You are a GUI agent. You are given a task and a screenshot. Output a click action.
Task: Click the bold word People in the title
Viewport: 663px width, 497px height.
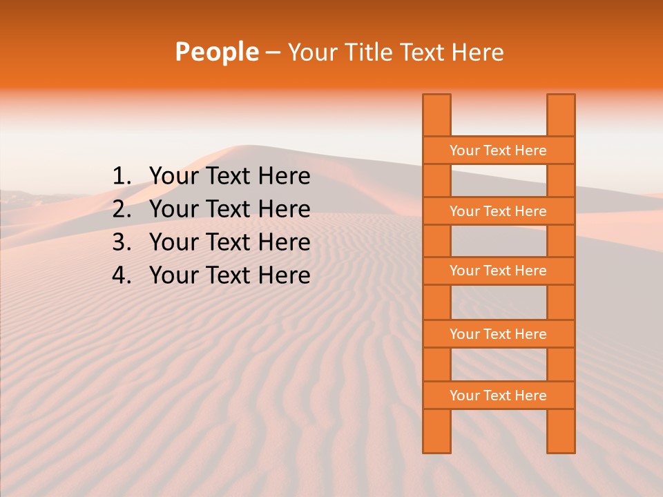point(217,52)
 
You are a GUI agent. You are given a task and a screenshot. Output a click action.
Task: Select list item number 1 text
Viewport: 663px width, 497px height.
point(229,177)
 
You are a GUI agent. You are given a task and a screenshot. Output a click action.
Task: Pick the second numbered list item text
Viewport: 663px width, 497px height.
point(229,209)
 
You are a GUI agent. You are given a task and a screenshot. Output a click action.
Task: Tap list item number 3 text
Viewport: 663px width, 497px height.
point(229,242)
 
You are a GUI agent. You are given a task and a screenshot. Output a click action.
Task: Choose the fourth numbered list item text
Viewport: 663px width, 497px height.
point(229,275)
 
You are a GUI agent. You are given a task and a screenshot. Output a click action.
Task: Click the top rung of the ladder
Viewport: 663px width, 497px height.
point(498,150)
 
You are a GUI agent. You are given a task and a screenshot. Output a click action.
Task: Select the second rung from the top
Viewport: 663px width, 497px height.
point(498,211)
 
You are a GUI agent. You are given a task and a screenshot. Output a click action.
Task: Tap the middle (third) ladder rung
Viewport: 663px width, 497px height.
point(498,271)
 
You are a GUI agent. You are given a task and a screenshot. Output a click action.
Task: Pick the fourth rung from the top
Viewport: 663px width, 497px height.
point(498,334)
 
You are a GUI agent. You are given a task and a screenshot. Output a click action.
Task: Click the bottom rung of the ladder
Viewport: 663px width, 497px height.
point(498,396)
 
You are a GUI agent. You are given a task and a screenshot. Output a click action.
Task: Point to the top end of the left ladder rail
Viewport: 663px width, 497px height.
point(436,100)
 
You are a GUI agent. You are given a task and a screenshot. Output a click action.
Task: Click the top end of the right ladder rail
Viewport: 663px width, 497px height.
point(561,100)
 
